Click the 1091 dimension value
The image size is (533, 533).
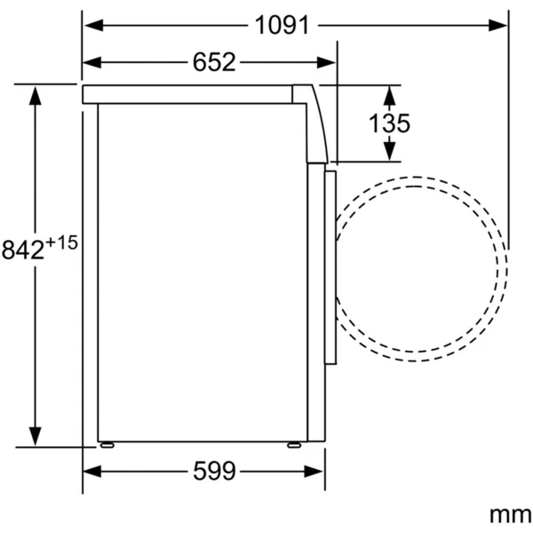(x=282, y=25)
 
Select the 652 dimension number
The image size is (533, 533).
(x=214, y=62)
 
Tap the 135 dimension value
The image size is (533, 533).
(x=389, y=123)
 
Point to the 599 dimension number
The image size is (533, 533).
(x=214, y=471)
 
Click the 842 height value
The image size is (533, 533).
(x=23, y=250)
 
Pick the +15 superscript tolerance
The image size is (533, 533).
(x=61, y=243)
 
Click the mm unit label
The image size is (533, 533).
(x=510, y=515)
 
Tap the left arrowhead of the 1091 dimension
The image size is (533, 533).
(x=94, y=25)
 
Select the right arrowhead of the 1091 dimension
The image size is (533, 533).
(x=497, y=25)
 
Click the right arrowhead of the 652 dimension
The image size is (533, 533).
(x=326, y=62)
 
